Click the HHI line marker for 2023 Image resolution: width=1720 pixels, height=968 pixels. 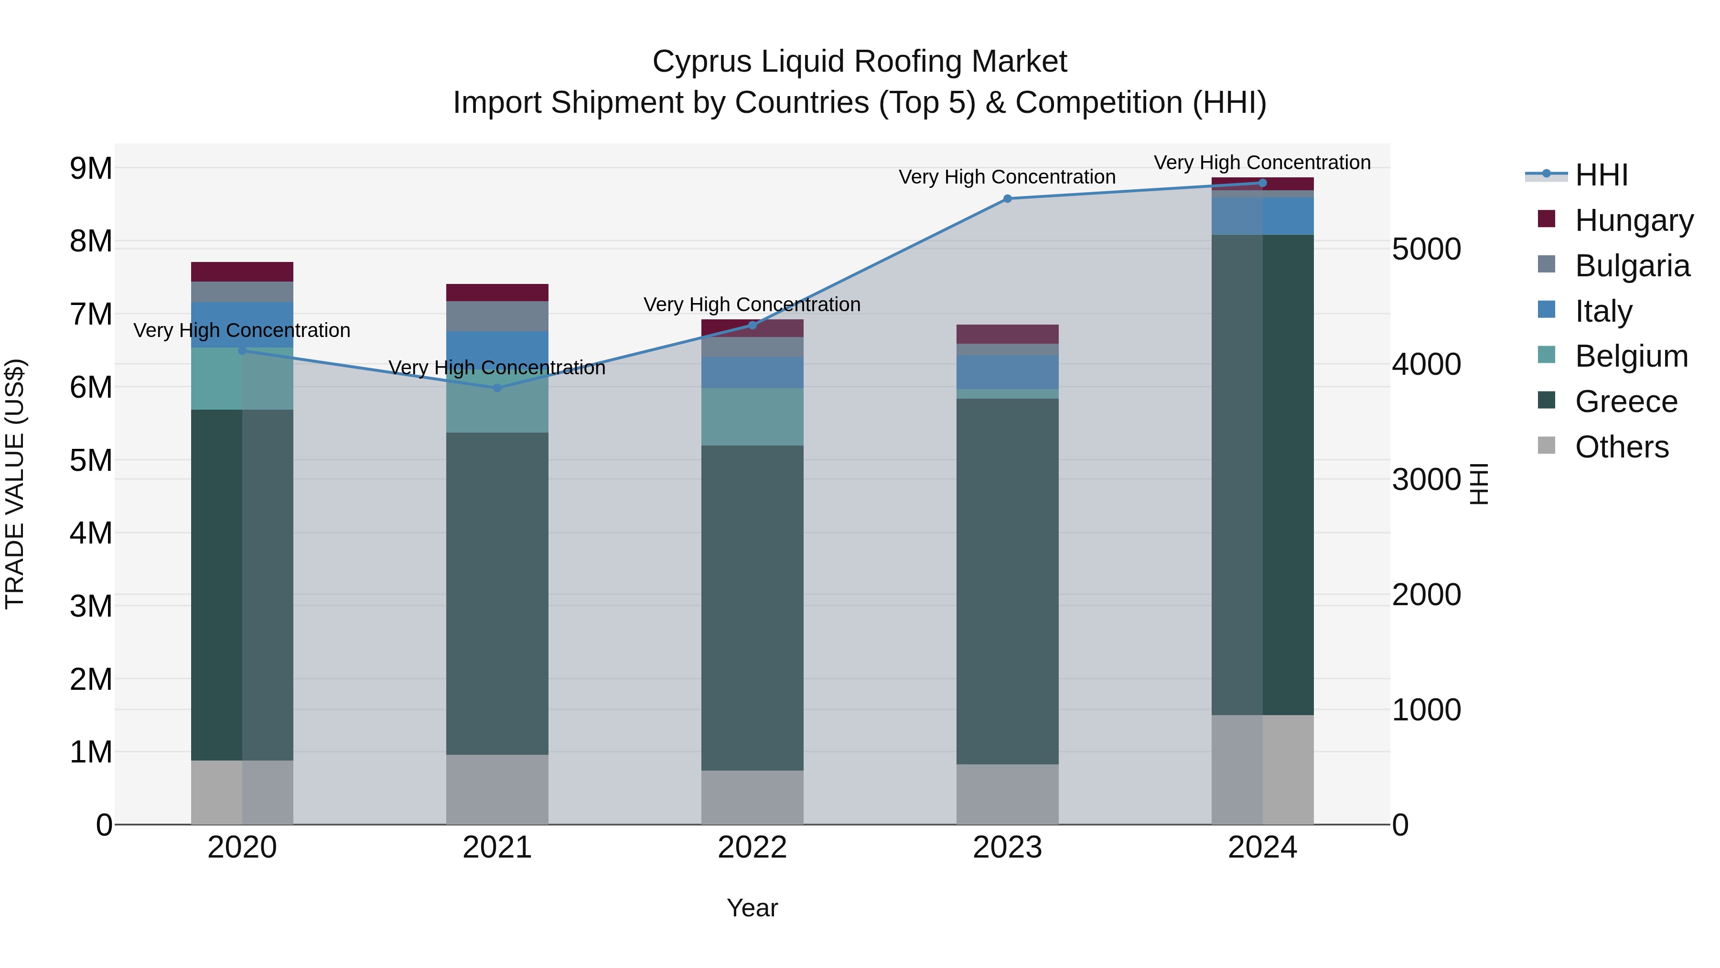click(1008, 198)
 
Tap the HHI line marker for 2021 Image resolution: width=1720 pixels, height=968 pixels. click(497, 388)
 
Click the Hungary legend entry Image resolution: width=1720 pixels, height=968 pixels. click(1633, 220)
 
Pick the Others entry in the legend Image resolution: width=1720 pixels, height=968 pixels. click(1621, 447)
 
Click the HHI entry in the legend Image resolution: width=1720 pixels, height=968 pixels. click(1601, 175)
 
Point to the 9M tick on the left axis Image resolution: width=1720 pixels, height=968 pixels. click(91, 168)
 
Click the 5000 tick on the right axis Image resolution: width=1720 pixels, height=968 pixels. click(1426, 250)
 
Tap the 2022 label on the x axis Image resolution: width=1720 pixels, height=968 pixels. click(752, 848)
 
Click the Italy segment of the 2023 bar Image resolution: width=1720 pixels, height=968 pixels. click(1008, 372)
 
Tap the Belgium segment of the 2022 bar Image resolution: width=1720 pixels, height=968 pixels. click(752, 417)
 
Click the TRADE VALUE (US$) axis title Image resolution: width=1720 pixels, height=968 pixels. click(15, 484)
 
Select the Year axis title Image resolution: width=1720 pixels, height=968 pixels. click(752, 908)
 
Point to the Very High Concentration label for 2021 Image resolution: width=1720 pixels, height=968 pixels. click(497, 368)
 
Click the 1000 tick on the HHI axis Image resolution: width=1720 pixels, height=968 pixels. click(1426, 710)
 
